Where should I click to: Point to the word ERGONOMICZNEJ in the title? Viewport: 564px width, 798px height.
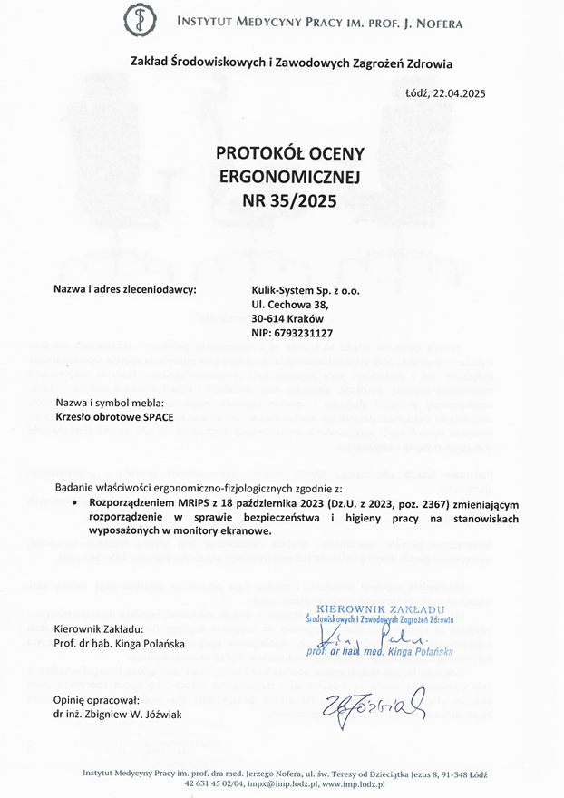coord(277,178)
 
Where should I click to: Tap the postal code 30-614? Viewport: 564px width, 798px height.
coord(268,319)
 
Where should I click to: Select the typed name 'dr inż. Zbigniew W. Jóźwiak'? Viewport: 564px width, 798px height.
coord(117,715)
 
